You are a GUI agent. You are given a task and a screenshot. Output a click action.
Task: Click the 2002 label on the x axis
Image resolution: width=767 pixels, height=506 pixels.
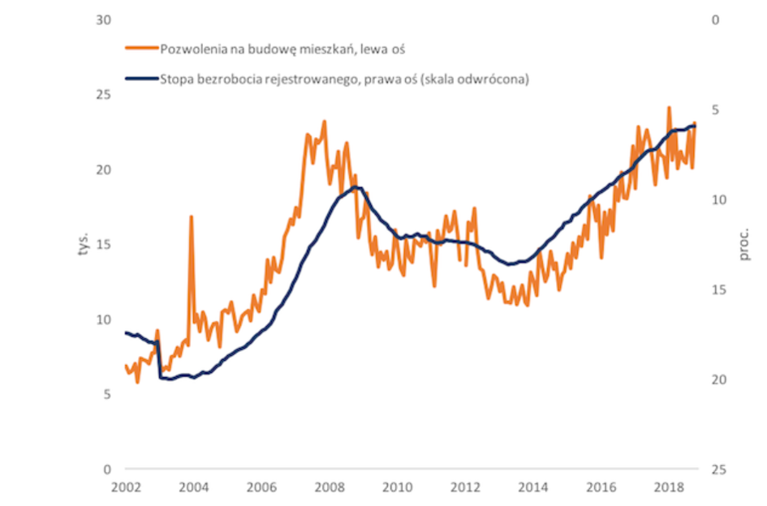click(126, 487)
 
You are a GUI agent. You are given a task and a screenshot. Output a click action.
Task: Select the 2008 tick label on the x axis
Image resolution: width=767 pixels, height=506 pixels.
click(330, 487)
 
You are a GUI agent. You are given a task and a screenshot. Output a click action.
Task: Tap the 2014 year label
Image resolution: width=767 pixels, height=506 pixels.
click(533, 487)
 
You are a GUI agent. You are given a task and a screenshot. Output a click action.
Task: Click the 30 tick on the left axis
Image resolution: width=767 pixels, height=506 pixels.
click(104, 20)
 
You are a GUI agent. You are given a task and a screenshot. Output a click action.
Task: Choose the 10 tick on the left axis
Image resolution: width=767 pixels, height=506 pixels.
click(104, 319)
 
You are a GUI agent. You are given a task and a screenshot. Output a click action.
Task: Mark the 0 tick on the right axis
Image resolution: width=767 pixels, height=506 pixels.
click(716, 20)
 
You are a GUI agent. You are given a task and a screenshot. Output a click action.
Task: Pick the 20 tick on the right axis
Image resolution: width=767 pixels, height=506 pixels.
click(719, 379)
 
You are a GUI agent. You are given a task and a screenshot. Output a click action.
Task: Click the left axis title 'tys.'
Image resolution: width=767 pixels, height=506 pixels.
click(84, 244)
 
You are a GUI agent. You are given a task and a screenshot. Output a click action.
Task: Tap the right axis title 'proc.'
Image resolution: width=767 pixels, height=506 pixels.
click(743, 244)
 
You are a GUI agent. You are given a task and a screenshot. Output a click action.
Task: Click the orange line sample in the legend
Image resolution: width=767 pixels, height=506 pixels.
click(142, 48)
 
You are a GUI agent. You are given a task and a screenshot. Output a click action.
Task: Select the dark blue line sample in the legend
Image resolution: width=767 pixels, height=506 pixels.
click(142, 78)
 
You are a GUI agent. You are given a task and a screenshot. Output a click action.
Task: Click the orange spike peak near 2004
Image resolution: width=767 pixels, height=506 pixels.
click(191, 216)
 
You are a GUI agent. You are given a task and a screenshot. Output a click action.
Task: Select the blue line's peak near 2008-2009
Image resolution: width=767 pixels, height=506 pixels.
click(355, 187)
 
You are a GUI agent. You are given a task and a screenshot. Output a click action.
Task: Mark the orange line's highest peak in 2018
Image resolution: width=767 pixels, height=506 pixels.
click(669, 108)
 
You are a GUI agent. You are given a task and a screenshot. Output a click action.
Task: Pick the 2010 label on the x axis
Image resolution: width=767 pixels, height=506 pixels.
click(398, 487)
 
